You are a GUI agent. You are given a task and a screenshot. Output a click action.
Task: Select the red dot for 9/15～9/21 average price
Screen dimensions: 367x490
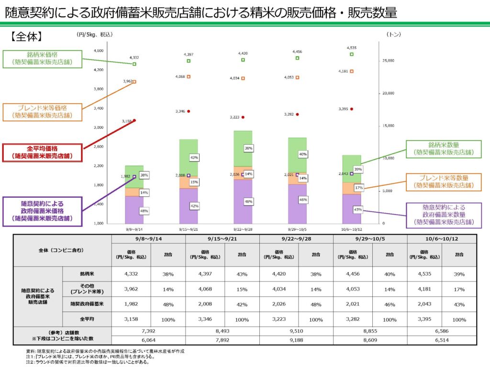(189, 111)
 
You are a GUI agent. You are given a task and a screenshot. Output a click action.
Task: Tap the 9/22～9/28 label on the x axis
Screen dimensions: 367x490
(243, 228)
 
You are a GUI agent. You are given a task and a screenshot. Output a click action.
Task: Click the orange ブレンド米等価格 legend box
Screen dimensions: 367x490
(42, 111)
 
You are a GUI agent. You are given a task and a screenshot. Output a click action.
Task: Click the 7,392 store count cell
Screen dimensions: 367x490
(148, 331)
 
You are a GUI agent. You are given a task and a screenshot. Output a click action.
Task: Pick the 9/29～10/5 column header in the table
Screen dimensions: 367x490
(370, 238)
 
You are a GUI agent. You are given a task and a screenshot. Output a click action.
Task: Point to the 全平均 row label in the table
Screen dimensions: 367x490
(87, 319)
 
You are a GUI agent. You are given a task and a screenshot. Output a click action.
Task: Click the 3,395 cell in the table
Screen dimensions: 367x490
(424, 319)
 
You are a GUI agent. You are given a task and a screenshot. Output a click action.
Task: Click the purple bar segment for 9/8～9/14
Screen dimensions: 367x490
(134, 209)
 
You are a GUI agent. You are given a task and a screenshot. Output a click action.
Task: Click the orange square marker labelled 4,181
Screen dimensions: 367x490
(352, 71)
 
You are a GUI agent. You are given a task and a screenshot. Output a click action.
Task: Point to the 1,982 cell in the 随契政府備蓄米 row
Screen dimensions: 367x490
(131, 304)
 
